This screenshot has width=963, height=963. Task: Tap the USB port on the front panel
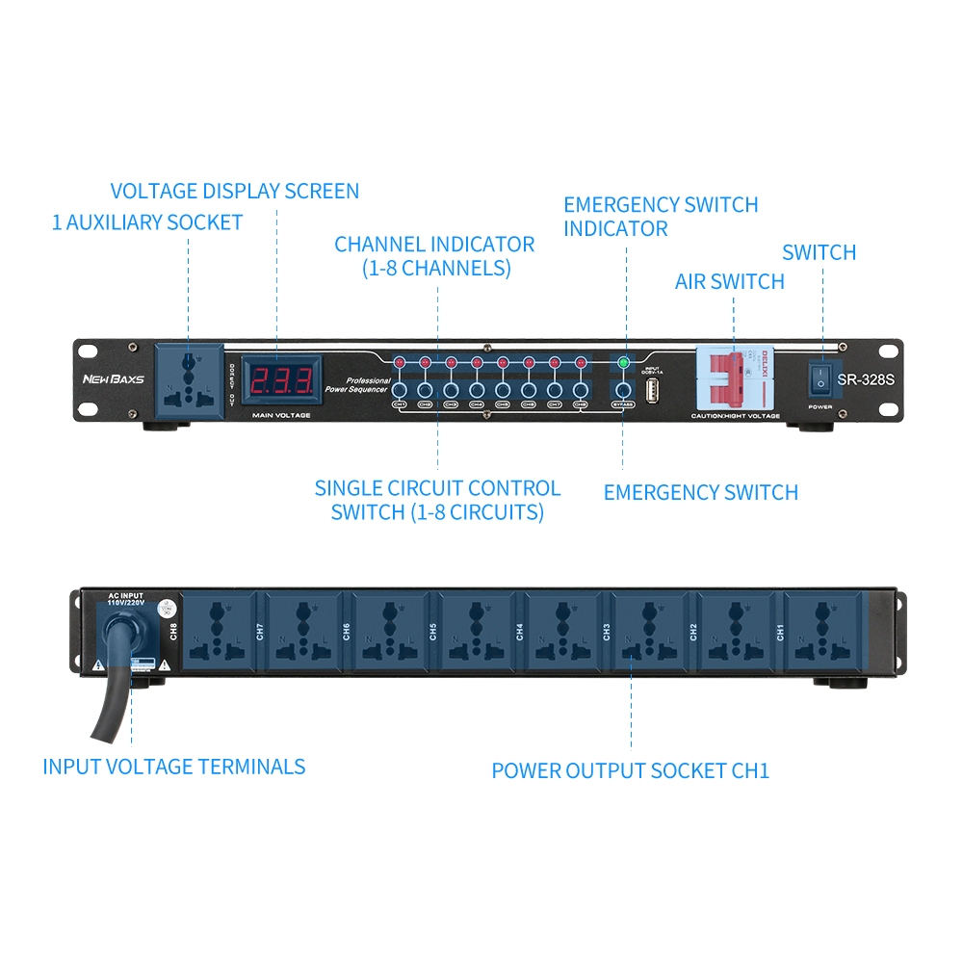[x=652, y=392]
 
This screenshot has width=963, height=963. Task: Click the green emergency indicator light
[x=623, y=363]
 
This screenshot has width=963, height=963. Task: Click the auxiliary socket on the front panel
[x=191, y=382]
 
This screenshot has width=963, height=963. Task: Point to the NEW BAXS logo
[x=113, y=379]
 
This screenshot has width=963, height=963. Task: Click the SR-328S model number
[x=866, y=379]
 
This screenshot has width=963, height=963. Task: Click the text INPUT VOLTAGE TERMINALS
[x=173, y=768]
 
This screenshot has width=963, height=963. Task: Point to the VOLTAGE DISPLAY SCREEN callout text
[x=234, y=191]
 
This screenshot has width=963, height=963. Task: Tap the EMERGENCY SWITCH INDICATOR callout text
[x=661, y=217]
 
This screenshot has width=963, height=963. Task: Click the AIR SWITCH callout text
[x=729, y=281]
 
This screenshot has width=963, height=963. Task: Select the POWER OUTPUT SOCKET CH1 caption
[x=630, y=771]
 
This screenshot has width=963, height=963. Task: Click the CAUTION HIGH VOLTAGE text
[x=735, y=416]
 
